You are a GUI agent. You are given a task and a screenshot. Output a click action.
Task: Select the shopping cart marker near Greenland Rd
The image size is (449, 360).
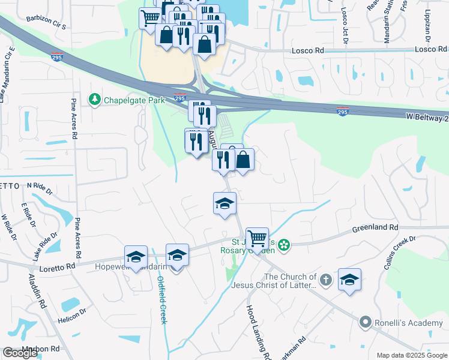[x=258, y=239]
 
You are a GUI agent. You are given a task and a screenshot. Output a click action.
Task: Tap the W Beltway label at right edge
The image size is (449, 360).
[x=423, y=118]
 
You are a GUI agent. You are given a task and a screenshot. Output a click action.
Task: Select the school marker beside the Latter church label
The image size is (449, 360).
[x=349, y=280]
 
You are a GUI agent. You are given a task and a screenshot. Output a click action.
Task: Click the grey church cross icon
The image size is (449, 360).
[x=325, y=280]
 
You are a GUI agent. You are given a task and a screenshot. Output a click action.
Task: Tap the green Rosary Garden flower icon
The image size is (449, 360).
[x=285, y=245]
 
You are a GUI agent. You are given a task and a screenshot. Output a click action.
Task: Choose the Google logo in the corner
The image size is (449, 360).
[x=20, y=353]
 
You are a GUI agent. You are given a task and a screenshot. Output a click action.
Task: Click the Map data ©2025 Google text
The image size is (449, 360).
[x=411, y=355]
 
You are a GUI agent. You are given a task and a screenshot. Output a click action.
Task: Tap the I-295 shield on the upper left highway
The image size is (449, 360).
[x=57, y=57]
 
